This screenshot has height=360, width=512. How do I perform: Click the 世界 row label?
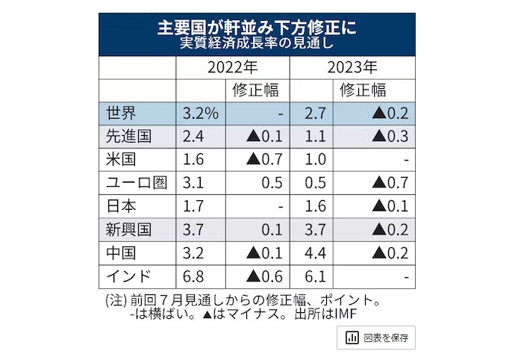point(121,114)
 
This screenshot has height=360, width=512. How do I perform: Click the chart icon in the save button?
point(350,338)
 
